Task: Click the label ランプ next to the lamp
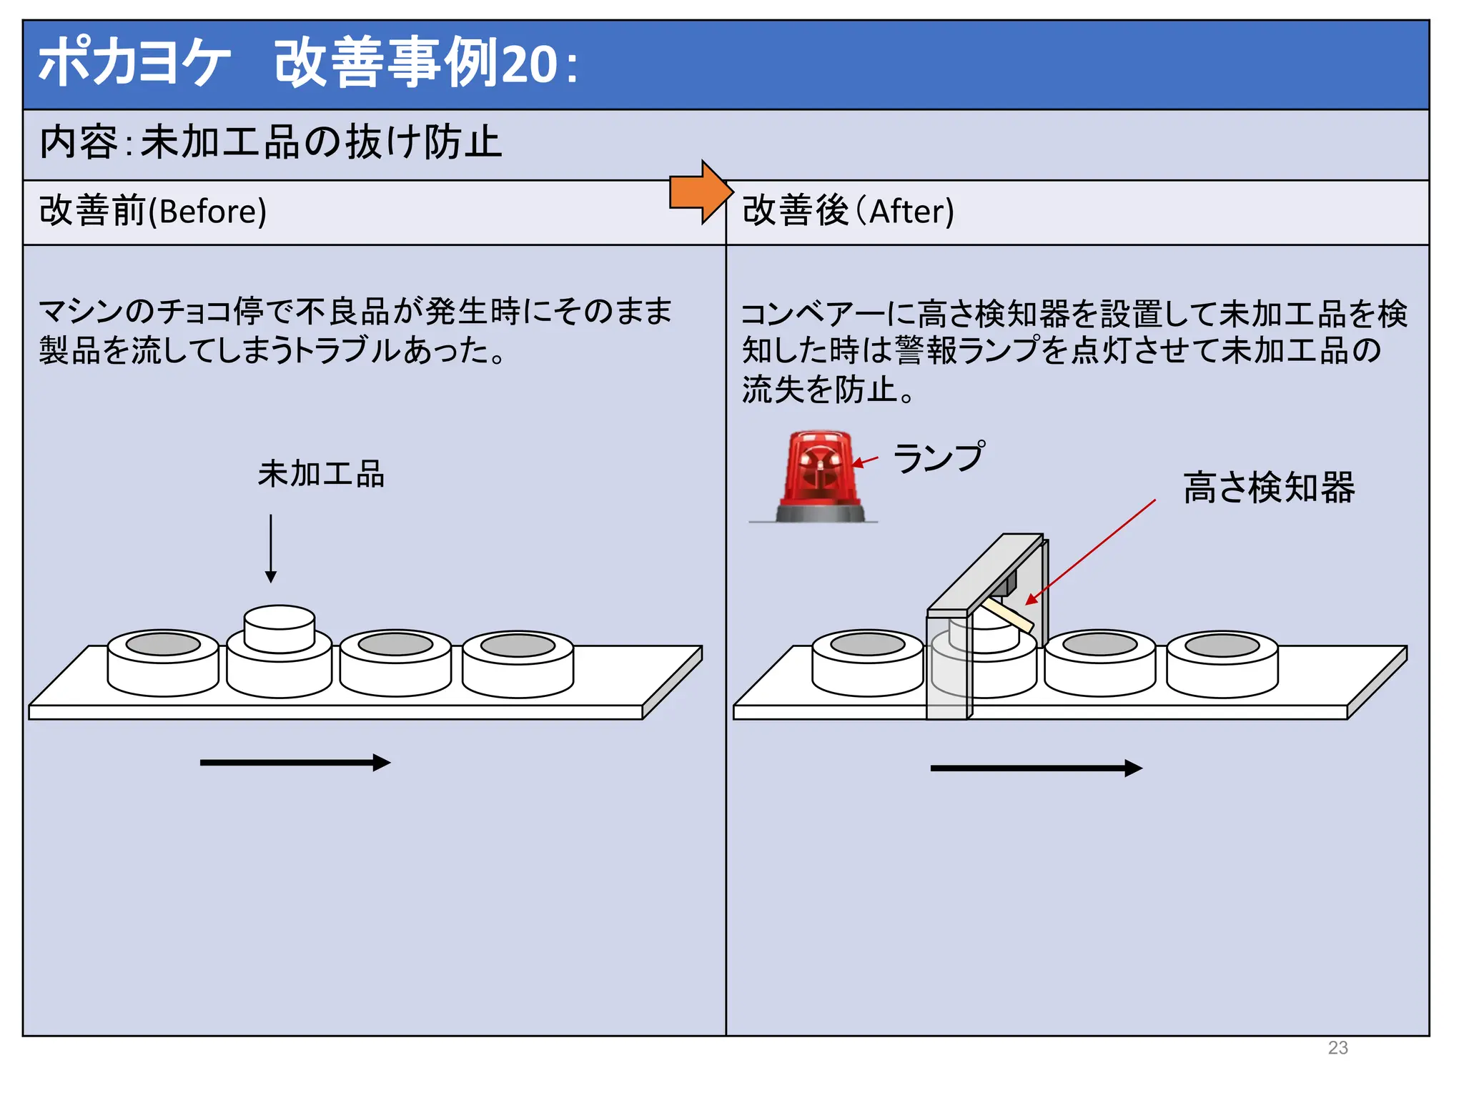pos(939,457)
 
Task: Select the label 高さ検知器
pos(1268,488)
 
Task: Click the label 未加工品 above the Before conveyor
pos(321,474)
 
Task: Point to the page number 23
pos(1337,1047)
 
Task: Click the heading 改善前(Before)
pos(153,212)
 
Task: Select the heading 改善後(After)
pos(848,212)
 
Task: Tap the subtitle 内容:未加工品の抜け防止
pos(270,142)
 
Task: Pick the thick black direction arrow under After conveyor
pos(1035,768)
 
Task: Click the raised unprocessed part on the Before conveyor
pos(280,628)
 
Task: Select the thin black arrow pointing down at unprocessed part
pos(271,548)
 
